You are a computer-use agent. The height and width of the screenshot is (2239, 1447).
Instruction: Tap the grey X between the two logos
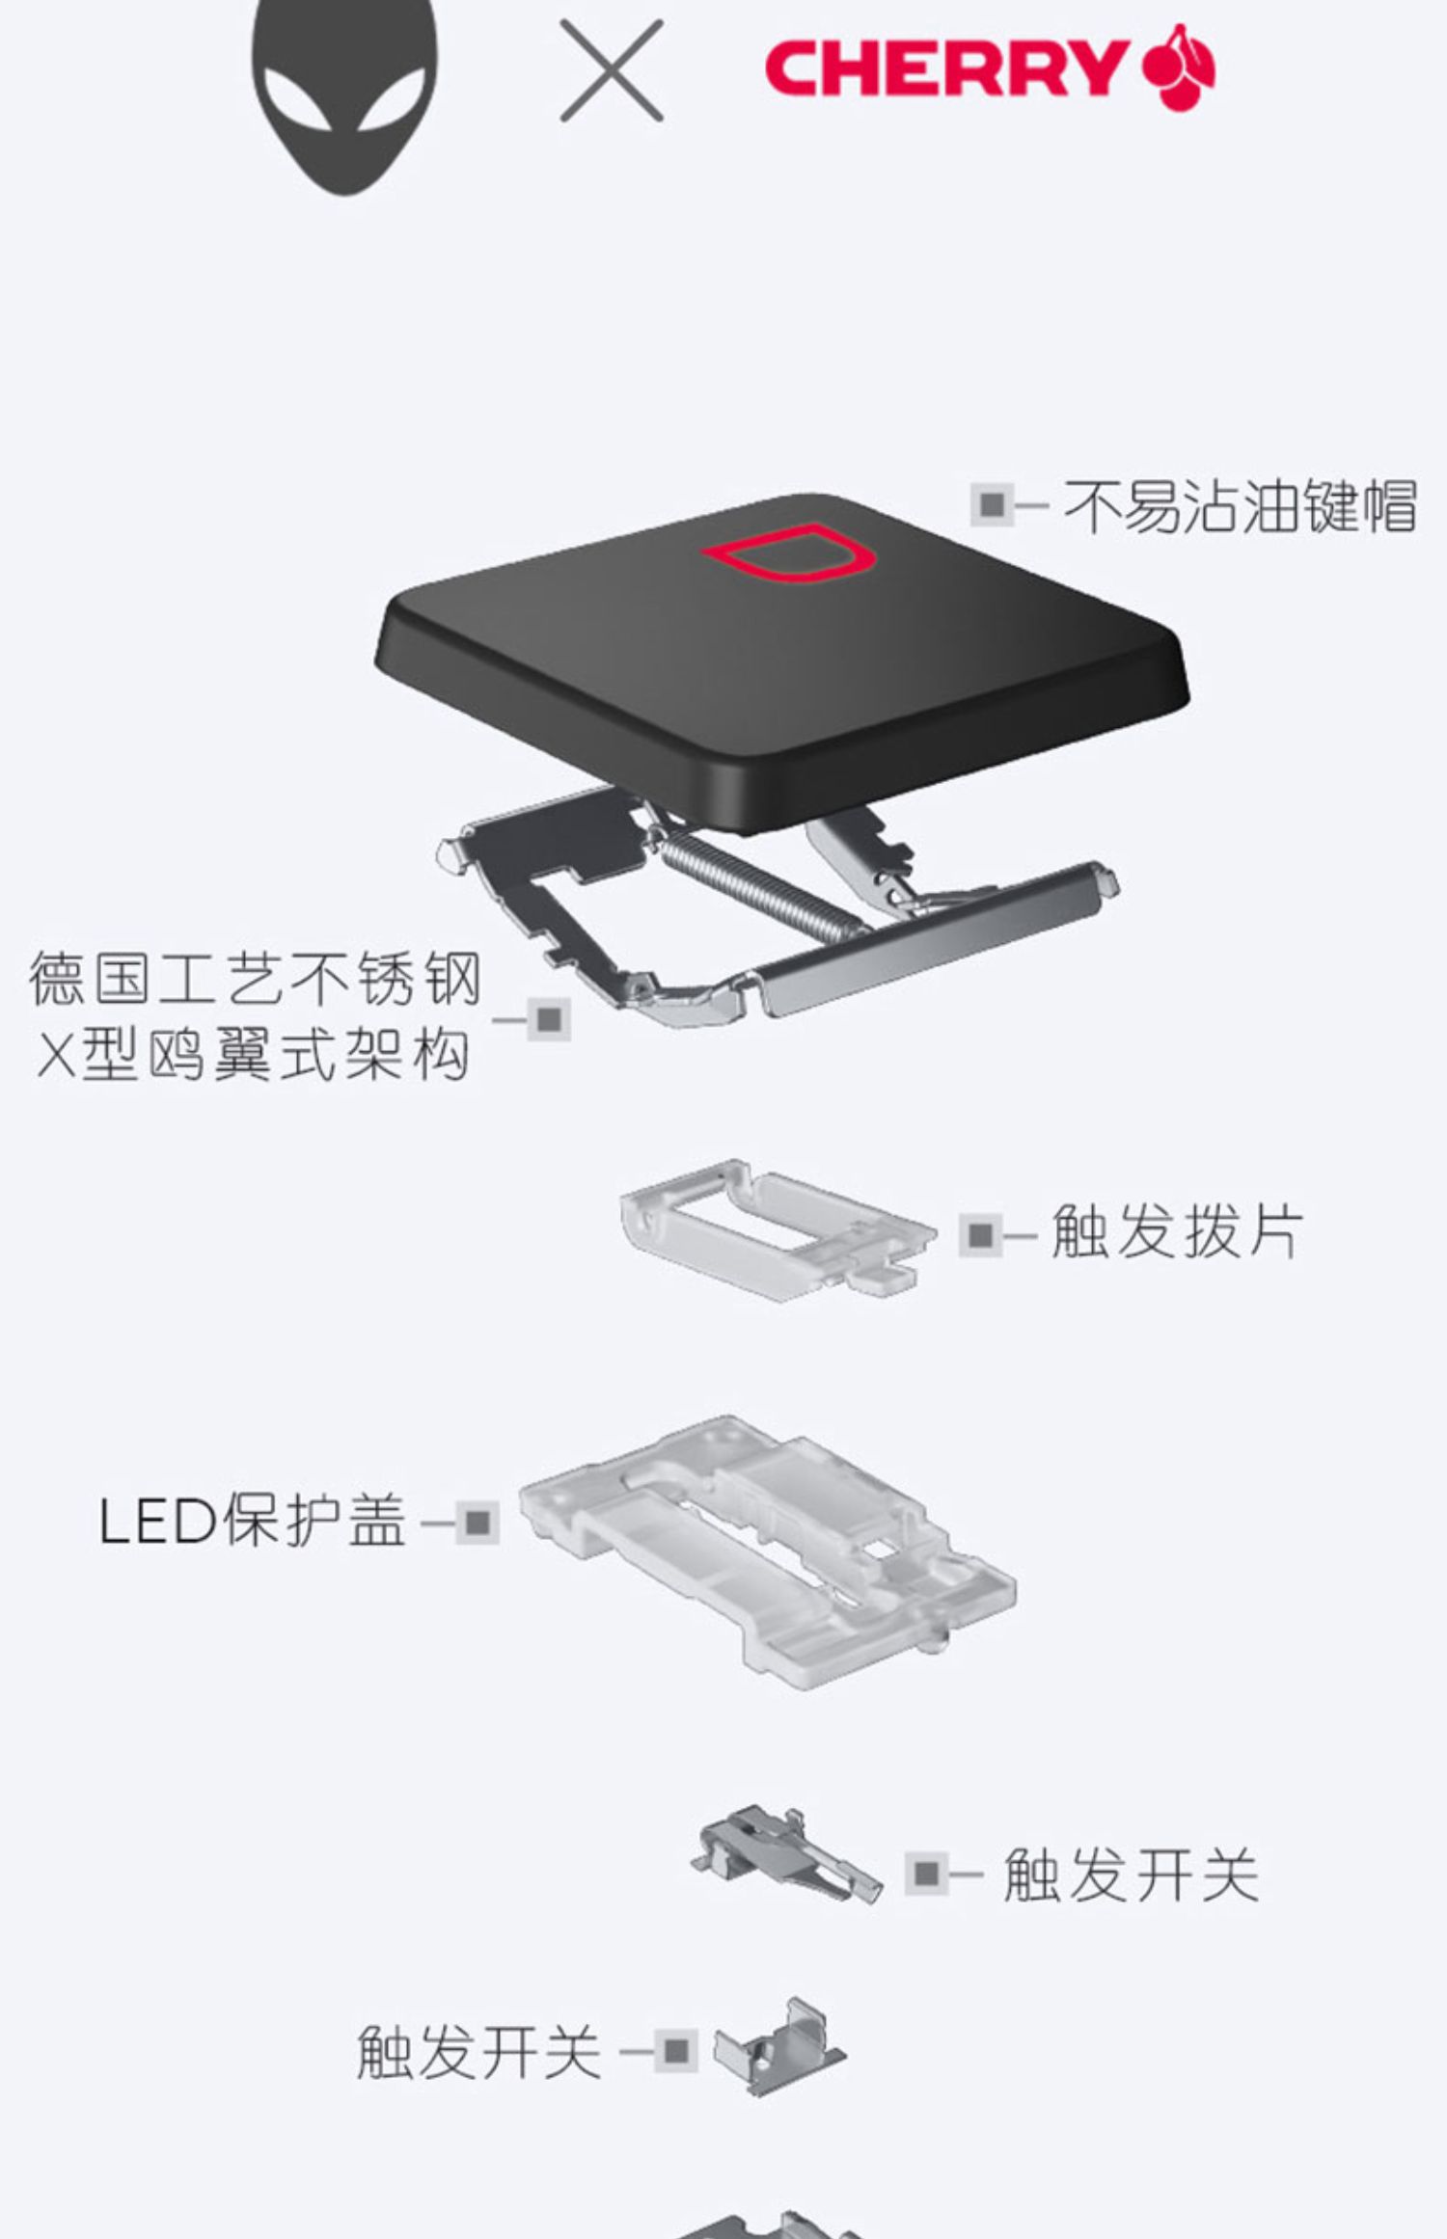[x=612, y=71]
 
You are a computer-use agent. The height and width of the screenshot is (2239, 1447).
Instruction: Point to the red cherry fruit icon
[x=1180, y=67]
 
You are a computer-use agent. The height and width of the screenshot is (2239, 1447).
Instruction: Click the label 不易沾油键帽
[x=1240, y=505]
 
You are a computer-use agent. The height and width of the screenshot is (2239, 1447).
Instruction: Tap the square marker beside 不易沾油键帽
[x=991, y=504]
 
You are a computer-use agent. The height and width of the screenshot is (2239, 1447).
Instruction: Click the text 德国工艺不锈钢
[x=254, y=979]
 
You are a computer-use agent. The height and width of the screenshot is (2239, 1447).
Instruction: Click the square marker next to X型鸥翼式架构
[x=549, y=1019]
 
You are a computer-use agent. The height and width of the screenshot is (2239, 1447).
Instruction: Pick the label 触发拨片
[x=1176, y=1231]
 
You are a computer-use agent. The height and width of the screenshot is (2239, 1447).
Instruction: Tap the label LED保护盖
[x=252, y=1521]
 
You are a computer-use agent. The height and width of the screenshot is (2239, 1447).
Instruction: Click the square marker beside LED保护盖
[x=478, y=1523]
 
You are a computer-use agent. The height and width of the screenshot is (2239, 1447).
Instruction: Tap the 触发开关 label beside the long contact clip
[x=1131, y=1874]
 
